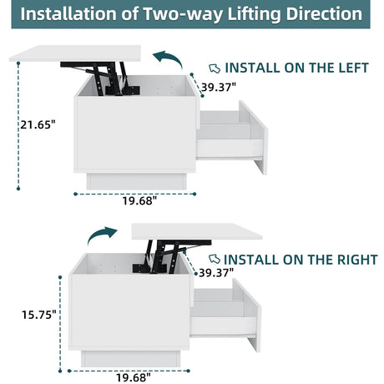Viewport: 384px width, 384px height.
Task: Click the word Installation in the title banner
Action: click(x=68, y=13)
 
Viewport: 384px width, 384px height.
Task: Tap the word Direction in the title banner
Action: click(x=324, y=13)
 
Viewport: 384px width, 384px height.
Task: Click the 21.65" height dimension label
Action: click(x=38, y=124)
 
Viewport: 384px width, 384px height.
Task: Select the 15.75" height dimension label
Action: click(x=39, y=315)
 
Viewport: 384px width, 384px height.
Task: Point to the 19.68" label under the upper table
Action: click(x=139, y=200)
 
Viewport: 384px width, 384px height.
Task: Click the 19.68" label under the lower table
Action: click(x=134, y=377)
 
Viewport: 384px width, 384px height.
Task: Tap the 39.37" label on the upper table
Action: click(x=219, y=88)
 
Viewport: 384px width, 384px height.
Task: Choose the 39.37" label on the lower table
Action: click(x=216, y=273)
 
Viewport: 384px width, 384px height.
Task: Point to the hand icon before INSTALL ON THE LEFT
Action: click(x=215, y=68)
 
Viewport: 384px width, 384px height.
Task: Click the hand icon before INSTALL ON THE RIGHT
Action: click(x=215, y=260)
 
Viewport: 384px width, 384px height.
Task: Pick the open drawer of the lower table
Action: click(x=225, y=315)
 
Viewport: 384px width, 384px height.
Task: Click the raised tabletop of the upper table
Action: click(x=75, y=53)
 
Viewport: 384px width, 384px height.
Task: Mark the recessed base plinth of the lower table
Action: click(x=131, y=359)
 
